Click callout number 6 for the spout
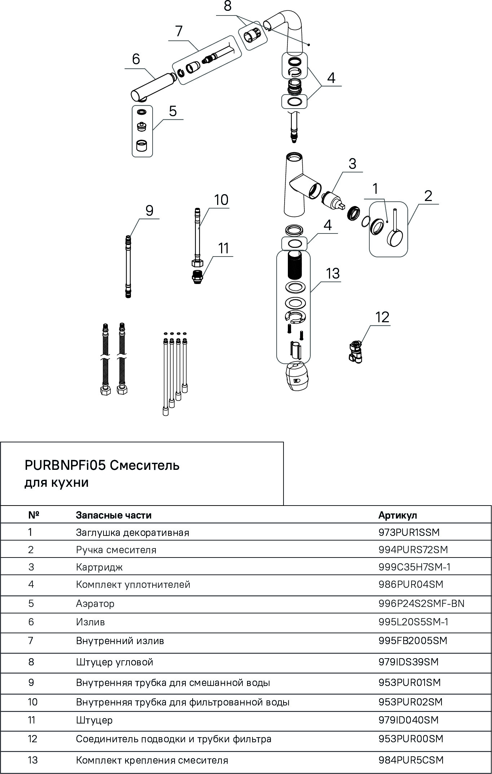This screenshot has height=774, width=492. (136, 59)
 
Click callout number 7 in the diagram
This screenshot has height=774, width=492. (179, 31)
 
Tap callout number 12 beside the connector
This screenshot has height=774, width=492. (382, 317)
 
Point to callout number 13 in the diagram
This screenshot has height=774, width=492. (333, 274)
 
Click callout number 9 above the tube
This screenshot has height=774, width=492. (150, 210)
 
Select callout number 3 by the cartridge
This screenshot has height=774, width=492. (352, 163)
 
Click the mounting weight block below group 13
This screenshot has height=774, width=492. (297, 376)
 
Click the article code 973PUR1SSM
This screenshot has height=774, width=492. (409, 532)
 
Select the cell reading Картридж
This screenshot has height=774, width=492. (99, 567)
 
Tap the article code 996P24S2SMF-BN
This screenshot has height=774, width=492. (421, 603)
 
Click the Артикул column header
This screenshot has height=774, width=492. (397, 515)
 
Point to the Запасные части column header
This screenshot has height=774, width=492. (114, 515)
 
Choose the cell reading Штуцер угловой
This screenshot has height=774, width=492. (114, 662)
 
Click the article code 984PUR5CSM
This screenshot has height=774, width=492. (410, 760)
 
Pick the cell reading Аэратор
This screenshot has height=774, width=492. (95, 603)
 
